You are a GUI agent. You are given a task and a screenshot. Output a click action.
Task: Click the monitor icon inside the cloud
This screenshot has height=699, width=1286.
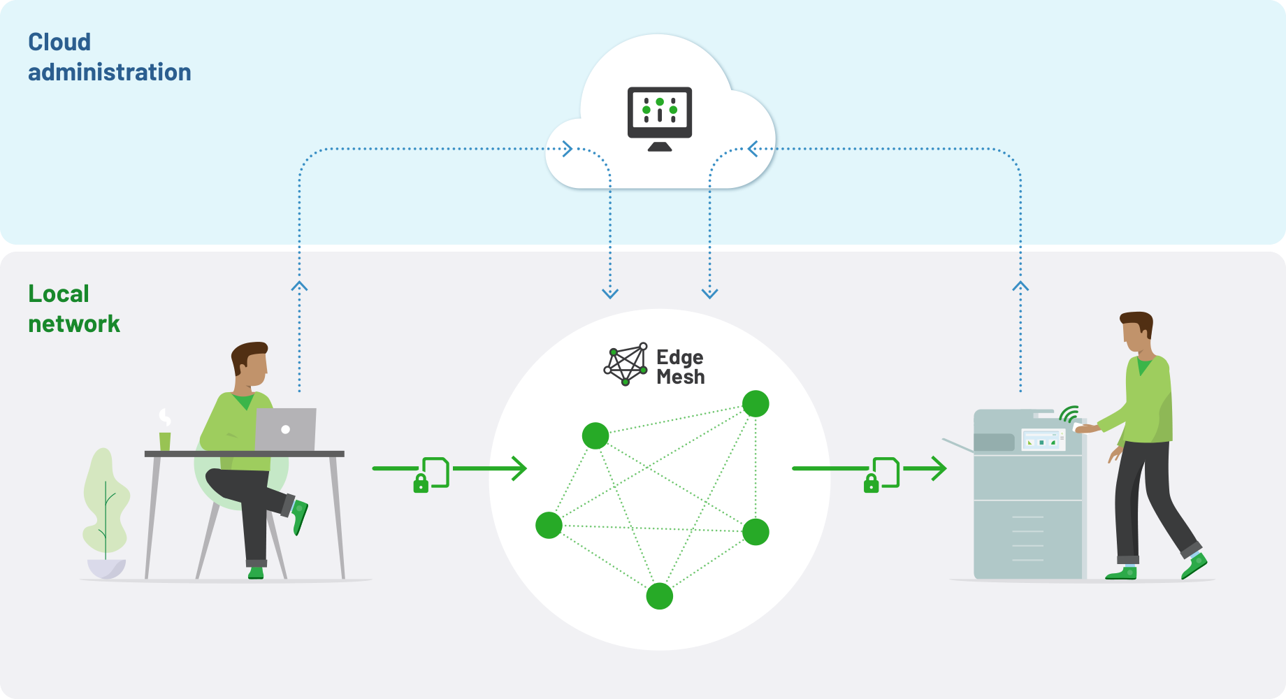tap(660, 117)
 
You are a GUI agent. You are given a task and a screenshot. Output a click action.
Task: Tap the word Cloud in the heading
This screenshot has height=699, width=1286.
tap(59, 42)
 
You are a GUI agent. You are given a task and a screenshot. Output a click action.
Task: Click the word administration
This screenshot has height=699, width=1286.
tap(110, 72)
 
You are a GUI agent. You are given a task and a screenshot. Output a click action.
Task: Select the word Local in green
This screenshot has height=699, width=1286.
tap(59, 294)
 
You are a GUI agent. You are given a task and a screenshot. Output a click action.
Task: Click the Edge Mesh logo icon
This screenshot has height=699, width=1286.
tap(626, 364)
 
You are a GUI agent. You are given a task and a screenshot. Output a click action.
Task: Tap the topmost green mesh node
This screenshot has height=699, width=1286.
tap(756, 403)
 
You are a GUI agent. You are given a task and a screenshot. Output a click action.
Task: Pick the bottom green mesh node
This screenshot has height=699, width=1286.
tap(659, 596)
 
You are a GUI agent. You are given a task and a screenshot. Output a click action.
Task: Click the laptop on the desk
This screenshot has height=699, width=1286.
tap(285, 429)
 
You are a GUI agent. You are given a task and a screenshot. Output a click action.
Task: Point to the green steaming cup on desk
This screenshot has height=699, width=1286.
tap(165, 440)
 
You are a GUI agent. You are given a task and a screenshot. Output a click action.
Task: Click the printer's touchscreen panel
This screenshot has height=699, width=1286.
tap(1042, 440)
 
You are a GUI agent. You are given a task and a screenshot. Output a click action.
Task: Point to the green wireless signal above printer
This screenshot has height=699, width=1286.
tap(1069, 415)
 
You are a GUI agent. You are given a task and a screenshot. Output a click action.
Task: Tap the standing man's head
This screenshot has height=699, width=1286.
tap(1137, 333)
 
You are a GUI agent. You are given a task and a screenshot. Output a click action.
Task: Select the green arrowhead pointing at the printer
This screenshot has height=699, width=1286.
tap(939, 468)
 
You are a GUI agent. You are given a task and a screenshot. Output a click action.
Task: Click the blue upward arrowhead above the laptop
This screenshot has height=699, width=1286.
tap(299, 286)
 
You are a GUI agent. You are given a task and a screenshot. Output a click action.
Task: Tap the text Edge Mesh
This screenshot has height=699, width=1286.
tap(680, 367)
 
